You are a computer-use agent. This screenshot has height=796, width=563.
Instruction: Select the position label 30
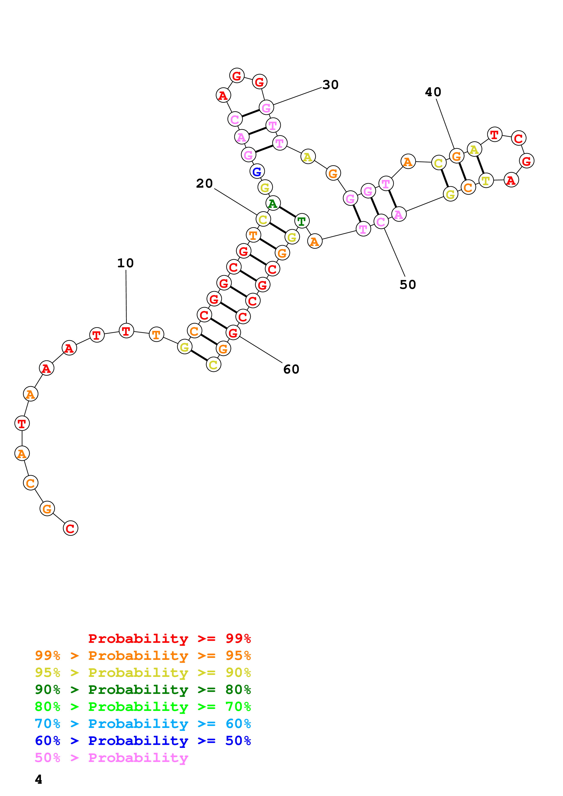(x=330, y=85)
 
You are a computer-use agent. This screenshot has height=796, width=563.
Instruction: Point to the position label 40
(x=433, y=92)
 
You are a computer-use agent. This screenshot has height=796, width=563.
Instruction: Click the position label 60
(x=291, y=370)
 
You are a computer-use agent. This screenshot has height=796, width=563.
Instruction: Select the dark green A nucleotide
(x=273, y=204)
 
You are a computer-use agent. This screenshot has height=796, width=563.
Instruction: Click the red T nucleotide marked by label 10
(x=126, y=331)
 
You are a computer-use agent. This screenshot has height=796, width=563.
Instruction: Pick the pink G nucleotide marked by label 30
(x=266, y=108)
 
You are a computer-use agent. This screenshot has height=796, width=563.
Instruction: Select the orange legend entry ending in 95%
(x=143, y=655)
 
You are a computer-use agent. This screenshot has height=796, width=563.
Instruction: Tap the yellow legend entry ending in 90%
(x=143, y=672)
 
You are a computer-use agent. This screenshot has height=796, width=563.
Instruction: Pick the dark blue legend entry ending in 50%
(x=143, y=741)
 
